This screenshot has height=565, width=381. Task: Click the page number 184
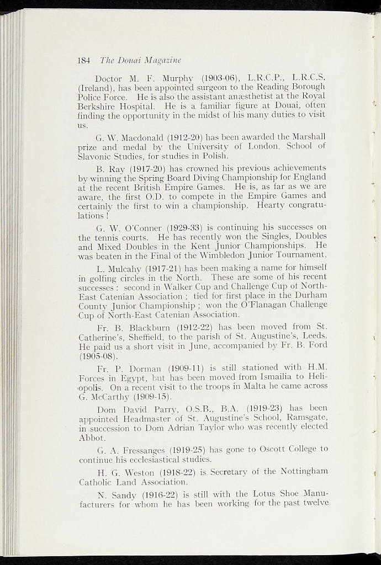tap(84, 60)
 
